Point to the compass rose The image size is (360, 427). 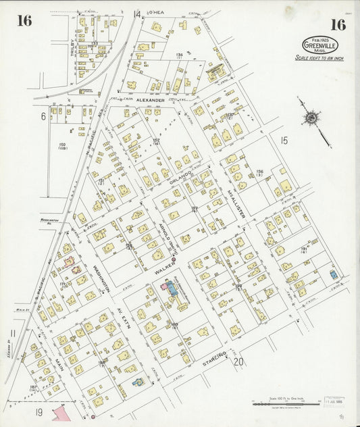311,119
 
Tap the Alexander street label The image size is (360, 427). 150,100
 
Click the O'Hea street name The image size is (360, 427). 156,13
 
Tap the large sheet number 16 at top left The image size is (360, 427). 24,20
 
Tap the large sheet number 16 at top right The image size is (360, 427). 338,25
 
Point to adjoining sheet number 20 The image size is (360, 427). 238,361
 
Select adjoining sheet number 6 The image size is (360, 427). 43,116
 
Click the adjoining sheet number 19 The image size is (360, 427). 39,411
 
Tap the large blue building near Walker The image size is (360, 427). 170,291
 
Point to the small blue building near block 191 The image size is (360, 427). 334,276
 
